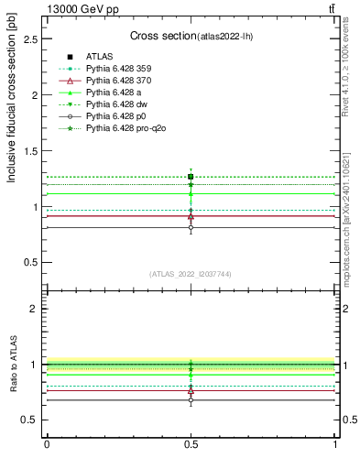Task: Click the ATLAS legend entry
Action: point(98,57)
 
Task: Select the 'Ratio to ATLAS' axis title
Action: point(12,364)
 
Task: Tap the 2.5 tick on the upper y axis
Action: point(31,39)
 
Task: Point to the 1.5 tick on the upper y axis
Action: point(31,151)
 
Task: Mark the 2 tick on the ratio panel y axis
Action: point(35,309)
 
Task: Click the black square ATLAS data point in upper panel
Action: point(191,177)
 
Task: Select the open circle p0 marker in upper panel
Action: point(191,227)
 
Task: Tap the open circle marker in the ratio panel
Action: point(191,399)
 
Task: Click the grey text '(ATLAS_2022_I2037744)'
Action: point(191,273)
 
